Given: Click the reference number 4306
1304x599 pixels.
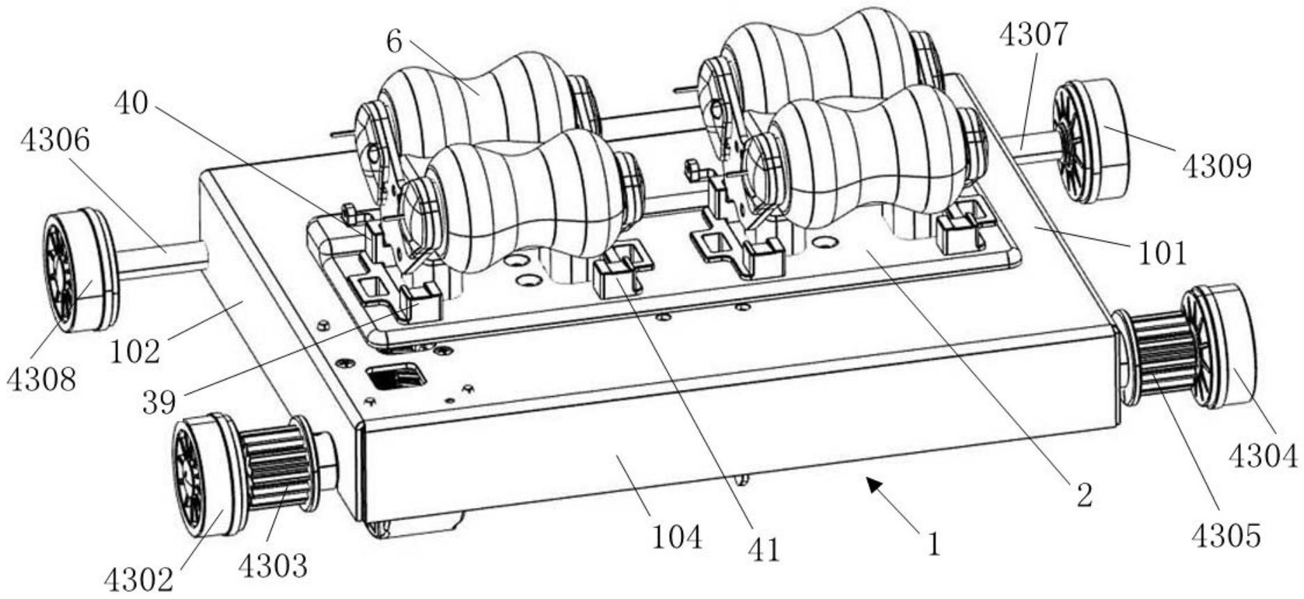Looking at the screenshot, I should (x=55, y=141).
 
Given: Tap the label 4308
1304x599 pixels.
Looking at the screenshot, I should (x=41, y=379).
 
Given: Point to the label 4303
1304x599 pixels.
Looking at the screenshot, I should (x=272, y=566).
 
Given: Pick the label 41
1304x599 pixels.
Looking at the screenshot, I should (x=764, y=549).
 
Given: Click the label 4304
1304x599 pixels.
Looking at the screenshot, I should (x=1262, y=457).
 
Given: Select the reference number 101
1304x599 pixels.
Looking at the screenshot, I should (x=1162, y=254).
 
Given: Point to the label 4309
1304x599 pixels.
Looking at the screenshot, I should (x=1216, y=167).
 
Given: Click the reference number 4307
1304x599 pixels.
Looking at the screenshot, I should (x=1033, y=35).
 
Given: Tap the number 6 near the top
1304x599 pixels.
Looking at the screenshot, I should (x=394, y=42).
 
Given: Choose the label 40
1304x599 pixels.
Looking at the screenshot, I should (x=131, y=104).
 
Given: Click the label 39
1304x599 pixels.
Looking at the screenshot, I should (x=158, y=401).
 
